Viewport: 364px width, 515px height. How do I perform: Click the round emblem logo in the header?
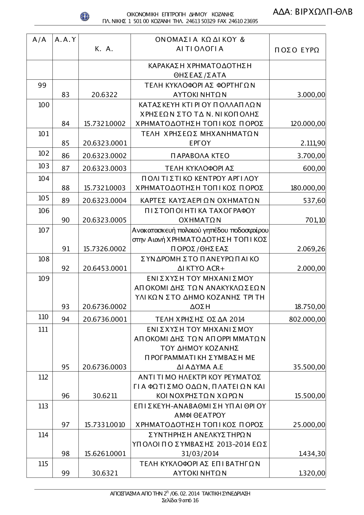[x=85, y=16]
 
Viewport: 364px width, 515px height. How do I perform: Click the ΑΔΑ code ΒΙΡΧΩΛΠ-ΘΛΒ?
[x=313, y=12]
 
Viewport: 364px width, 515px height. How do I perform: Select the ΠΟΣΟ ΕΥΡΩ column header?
[x=297, y=50]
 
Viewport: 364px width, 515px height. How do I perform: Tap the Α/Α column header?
[x=39, y=40]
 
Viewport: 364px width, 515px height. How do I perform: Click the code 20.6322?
[x=104, y=95]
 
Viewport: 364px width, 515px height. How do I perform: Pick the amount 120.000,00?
[x=308, y=124]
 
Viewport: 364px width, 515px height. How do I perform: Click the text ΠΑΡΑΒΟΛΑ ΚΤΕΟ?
[x=200, y=156]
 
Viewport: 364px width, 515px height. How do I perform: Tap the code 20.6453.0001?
[x=104, y=269]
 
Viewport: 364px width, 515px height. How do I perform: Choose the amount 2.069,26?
[x=311, y=249]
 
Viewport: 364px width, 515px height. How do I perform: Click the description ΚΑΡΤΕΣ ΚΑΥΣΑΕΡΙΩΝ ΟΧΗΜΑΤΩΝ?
[x=200, y=201]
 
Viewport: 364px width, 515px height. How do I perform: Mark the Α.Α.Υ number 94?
[x=66, y=320]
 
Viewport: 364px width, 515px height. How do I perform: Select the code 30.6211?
[x=104, y=396]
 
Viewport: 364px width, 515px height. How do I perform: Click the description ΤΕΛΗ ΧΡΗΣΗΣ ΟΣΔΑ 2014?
[x=200, y=320]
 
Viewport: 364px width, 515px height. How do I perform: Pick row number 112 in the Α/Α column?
[x=44, y=377]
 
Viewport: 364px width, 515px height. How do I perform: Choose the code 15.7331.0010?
[x=104, y=425]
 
